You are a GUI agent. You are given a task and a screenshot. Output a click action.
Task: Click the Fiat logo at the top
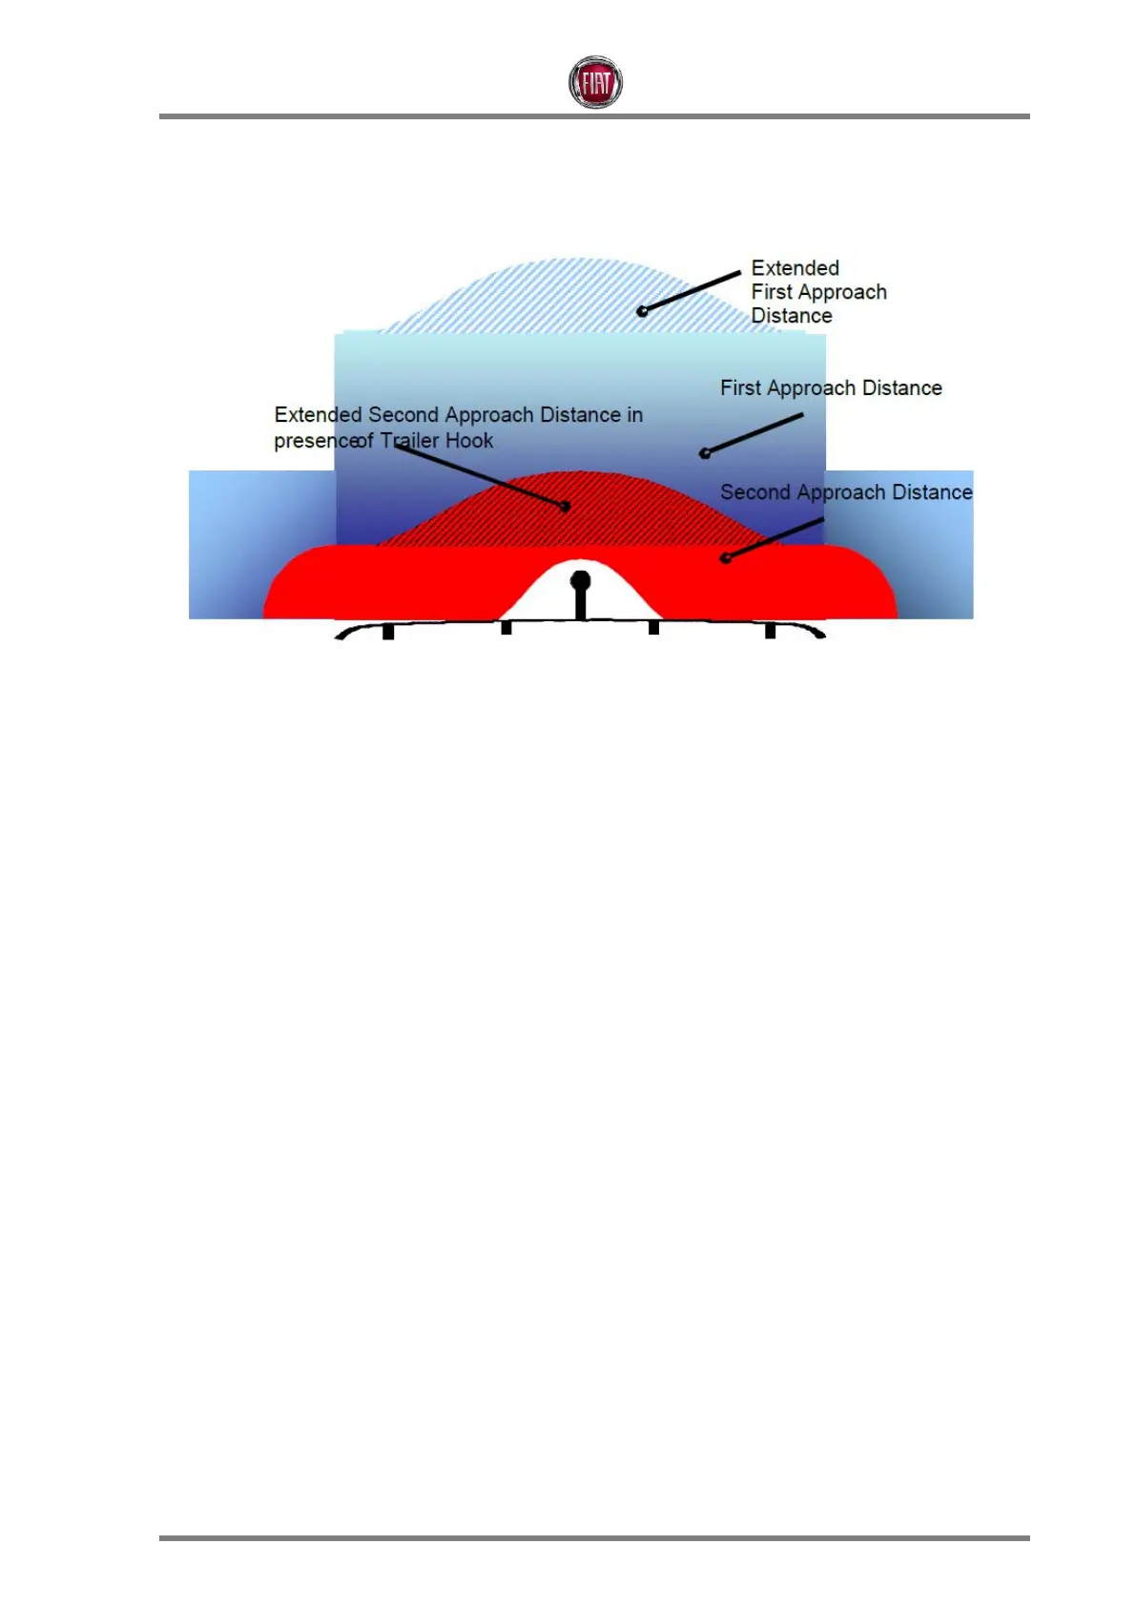pyautogui.click(x=595, y=82)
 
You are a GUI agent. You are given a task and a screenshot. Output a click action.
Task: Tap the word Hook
pyautogui.click(x=469, y=441)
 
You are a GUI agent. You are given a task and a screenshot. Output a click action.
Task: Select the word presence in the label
pyautogui.click(x=315, y=441)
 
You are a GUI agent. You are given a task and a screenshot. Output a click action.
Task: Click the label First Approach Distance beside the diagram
pyautogui.click(x=831, y=388)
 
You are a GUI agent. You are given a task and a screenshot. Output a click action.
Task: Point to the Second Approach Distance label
pyautogui.click(x=846, y=492)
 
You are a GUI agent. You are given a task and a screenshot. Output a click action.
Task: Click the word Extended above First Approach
pyautogui.click(x=795, y=268)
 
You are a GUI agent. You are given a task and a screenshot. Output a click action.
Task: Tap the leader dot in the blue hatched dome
pyautogui.click(x=642, y=311)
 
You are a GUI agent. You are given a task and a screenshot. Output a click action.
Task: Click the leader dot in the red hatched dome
pyautogui.click(x=566, y=507)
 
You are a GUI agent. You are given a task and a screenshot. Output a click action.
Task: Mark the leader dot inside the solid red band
pyautogui.click(x=726, y=558)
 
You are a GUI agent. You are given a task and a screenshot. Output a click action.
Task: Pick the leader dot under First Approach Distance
pyautogui.click(x=705, y=453)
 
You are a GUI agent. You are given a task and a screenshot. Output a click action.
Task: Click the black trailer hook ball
pyautogui.click(x=580, y=580)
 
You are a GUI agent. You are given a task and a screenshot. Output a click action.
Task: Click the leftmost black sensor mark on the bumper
pyautogui.click(x=388, y=632)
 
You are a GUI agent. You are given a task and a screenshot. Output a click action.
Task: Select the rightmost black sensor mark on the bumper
pyautogui.click(x=771, y=632)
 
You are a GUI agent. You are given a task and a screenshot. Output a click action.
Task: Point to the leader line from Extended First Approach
pyautogui.click(x=692, y=291)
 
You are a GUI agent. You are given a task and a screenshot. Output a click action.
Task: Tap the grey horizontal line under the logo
pyautogui.click(x=594, y=116)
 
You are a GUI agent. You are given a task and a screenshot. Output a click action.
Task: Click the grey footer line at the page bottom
pyautogui.click(x=594, y=1538)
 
